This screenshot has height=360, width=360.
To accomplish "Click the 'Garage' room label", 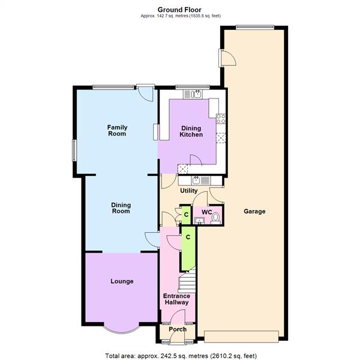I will tap(254, 211).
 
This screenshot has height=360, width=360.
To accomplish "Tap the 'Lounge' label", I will tap(122, 281).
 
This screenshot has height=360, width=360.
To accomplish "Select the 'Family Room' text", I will tap(117, 130).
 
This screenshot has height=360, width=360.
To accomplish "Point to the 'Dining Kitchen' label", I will tap(191, 131).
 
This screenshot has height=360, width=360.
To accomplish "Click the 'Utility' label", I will tap(189, 191).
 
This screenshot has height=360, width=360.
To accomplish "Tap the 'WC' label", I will tap(206, 212).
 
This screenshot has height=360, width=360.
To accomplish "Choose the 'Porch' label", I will tap(177, 329).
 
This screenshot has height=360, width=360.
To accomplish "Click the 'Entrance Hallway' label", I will tap(176, 299).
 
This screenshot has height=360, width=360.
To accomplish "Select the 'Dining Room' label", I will tap(121, 208).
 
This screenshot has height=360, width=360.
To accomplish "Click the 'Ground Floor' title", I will tap(180, 9).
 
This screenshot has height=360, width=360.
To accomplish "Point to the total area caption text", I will tap(180, 354).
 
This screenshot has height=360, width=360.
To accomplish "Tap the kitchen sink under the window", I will tap(196, 94).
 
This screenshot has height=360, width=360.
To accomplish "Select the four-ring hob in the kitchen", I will tap(221, 119).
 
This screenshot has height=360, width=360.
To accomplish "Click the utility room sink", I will tap(197, 180).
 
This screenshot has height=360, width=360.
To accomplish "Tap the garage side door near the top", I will tap(227, 58).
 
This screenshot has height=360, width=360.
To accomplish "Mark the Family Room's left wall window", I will tap(74, 150).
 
